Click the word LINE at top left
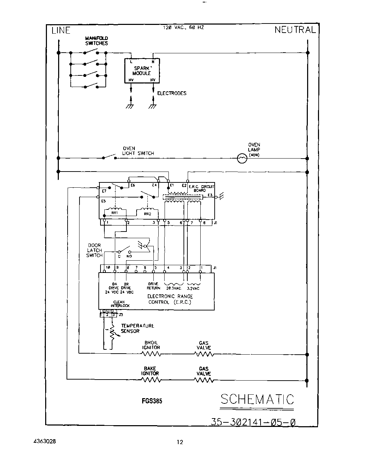click(x=61, y=31)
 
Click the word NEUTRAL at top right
click(x=295, y=30)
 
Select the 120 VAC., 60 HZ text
click(x=183, y=27)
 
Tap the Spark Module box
click(x=142, y=71)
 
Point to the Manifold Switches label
click(x=97, y=41)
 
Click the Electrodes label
click(x=172, y=93)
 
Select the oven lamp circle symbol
click(x=242, y=159)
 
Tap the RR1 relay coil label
click(x=114, y=213)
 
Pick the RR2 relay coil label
click(x=147, y=214)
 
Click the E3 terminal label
click(x=210, y=195)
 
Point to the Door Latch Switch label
click(x=94, y=250)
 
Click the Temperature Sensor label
click(x=137, y=328)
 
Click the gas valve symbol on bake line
click(x=204, y=380)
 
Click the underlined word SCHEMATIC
click(x=257, y=399)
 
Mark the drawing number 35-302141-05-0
click(x=253, y=422)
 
